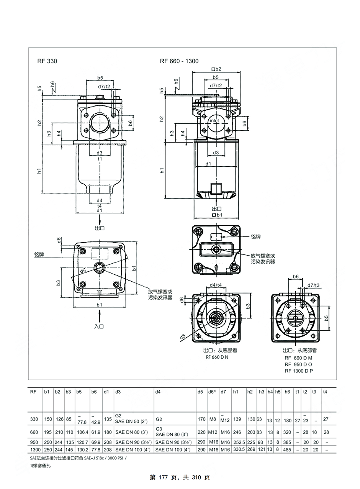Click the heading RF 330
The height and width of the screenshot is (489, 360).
point(47,61)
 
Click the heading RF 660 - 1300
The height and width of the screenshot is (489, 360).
point(179,61)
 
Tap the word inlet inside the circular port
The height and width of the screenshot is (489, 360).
point(214,121)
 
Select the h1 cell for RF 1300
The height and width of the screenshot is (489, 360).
point(239,450)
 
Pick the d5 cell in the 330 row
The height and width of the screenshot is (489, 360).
point(201,419)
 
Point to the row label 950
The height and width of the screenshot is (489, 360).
point(34,442)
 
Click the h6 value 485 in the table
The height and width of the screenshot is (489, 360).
point(288,450)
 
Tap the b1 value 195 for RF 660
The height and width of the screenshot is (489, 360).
point(47,432)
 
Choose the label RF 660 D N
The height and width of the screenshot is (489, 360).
point(217,357)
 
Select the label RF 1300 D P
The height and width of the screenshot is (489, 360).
point(298,371)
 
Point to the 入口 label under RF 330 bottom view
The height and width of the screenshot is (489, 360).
point(99,327)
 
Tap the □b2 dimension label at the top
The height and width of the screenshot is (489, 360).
point(216,69)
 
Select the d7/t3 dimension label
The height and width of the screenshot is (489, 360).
point(313,285)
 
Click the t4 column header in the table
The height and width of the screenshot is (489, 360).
point(325,392)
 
